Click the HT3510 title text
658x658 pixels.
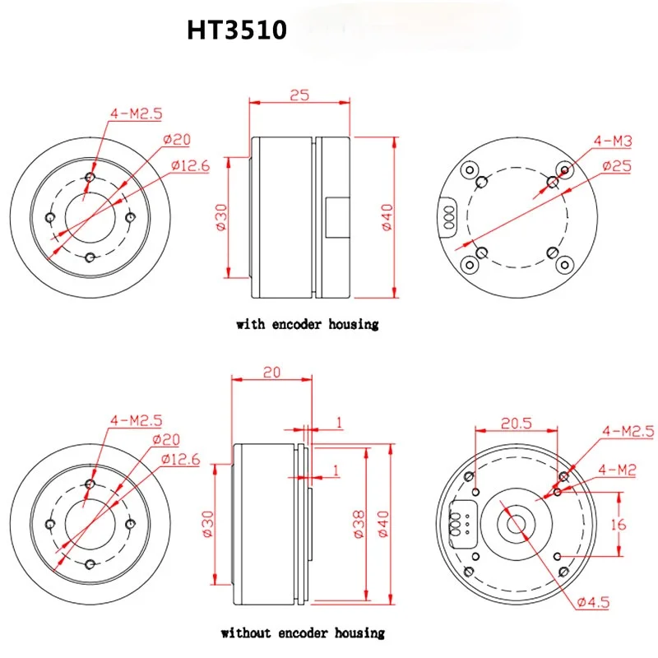click(237, 30)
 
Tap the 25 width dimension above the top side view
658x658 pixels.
click(299, 95)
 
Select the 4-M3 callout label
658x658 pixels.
click(613, 141)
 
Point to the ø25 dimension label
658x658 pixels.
click(617, 166)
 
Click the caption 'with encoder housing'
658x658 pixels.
click(307, 324)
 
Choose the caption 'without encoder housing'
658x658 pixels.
click(303, 633)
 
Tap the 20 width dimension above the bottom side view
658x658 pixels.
click(272, 373)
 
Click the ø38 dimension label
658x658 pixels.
click(359, 524)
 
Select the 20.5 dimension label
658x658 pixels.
click(517, 423)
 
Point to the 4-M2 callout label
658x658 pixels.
click(617, 470)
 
